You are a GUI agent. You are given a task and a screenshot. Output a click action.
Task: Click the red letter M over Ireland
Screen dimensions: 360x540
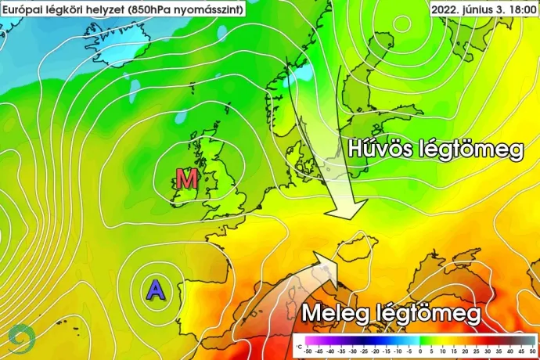point(186,178)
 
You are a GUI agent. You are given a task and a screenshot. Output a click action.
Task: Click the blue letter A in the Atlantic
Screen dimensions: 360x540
point(157,290)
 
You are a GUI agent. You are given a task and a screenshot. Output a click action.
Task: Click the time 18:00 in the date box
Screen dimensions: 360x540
point(518,9)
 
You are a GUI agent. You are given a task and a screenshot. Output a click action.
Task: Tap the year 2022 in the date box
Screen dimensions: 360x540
point(447,9)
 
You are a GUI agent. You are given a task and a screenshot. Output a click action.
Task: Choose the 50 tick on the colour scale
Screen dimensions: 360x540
point(532,351)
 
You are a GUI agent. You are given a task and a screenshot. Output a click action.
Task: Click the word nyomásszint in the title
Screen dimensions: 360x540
point(206,9)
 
